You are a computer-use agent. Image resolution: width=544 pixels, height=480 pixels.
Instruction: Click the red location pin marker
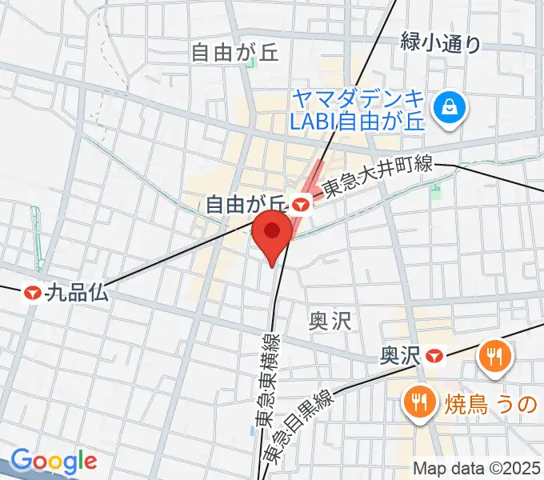pos(272,234)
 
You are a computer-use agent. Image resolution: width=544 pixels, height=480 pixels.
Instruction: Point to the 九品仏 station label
pos(77,294)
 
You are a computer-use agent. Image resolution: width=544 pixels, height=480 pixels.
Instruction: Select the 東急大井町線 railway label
pos(377,178)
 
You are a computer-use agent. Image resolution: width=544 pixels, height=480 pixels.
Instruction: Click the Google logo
pos(53,462)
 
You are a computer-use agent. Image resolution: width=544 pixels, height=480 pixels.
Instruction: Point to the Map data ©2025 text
pos(477,468)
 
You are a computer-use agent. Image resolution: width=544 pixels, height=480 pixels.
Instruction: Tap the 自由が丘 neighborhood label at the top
pos(234,54)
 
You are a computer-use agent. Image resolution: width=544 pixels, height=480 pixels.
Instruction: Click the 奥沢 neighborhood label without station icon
pos(330,322)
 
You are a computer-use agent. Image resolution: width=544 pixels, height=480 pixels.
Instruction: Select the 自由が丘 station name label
pos(246,205)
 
